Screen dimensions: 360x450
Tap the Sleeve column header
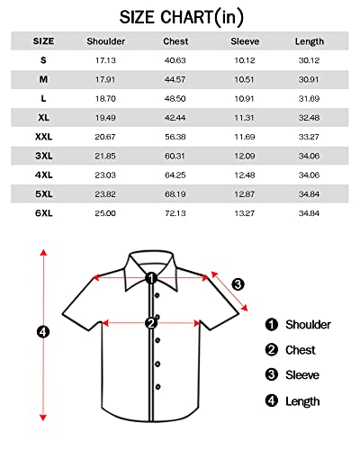(245, 41)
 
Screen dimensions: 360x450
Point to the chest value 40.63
(175, 60)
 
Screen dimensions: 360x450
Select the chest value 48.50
(175, 98)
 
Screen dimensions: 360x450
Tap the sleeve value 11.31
(245, 117)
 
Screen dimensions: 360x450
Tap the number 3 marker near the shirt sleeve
(238, 284)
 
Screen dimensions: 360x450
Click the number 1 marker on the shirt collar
(152, 278)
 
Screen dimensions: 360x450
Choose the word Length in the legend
(302, 401)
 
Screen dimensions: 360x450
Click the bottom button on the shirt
(157, 385)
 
